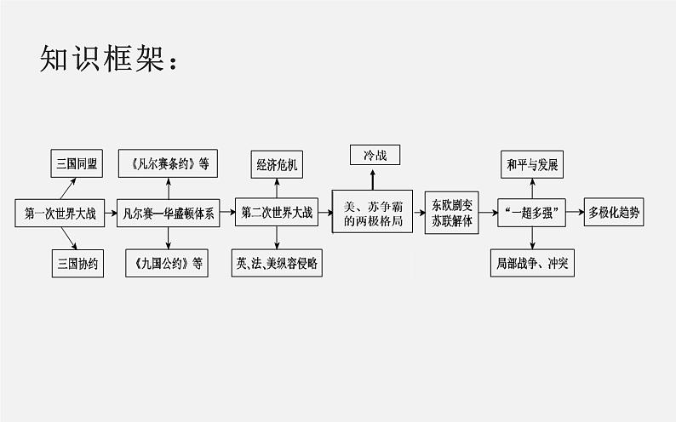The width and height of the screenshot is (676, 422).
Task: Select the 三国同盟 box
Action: pos(77,163)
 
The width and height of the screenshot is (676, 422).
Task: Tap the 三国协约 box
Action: pos(77,263)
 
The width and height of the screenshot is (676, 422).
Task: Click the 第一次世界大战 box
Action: pos(60,213)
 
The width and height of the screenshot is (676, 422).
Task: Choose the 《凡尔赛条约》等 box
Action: pos(168,163)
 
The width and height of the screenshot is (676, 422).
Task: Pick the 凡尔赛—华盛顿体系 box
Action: pos(168,213)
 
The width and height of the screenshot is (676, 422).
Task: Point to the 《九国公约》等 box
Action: pos(167,263)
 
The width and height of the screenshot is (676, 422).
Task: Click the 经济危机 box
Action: pos(277,164)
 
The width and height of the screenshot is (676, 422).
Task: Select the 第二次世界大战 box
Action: pos(277,212)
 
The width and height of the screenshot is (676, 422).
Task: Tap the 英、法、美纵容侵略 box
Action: pos(277,263)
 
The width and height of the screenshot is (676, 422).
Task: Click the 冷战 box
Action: pos(375,155)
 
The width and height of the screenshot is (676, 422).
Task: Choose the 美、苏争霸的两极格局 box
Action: pos(372,212)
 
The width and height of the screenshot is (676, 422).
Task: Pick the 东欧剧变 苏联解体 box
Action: pos(452,213)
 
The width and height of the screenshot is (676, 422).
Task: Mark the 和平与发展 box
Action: pos(532,164)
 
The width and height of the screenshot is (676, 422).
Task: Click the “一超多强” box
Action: pos(531,213)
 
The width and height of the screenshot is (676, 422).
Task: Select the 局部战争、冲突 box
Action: pos(532,263)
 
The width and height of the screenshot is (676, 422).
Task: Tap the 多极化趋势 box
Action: pos(614,212)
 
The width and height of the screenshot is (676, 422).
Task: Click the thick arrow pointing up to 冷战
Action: pos(373,180)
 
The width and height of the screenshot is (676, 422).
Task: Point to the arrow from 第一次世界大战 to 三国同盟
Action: pos(68,189)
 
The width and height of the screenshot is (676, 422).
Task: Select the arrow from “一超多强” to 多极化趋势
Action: pos(575,212)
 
